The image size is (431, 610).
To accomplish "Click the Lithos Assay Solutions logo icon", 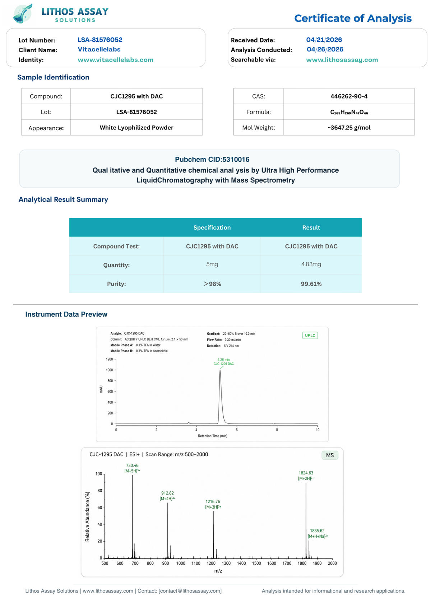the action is click(23, 13).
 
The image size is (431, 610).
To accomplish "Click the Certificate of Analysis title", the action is click(353, 18).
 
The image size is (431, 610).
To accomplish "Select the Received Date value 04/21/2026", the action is click(324, 40).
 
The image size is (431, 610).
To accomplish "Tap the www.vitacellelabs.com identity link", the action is click(115, 60).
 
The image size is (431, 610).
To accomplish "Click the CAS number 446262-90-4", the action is click(349, 96).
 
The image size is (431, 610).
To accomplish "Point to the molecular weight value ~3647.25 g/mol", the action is click(349, 128).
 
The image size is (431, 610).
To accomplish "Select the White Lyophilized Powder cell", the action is click(136, 128).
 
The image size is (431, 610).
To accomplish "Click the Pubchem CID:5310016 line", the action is click(212, 159).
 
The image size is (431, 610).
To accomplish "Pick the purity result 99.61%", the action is click(311, 284).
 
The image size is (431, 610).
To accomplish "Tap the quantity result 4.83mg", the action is click(311, 264).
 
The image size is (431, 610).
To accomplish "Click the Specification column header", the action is click(212, 228).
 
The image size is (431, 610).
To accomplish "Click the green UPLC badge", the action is click(310, 335).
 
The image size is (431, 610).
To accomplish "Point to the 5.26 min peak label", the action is click(223, 359).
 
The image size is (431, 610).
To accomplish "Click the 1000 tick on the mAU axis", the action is click(109, 370).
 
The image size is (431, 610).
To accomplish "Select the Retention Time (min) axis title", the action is click(213, 436).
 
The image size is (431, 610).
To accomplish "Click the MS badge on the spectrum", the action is click(330, 455).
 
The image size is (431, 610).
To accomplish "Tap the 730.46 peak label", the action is click(132, 465).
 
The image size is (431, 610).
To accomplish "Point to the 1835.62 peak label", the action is click(317, 531).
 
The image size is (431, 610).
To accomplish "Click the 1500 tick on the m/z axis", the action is click(256, 563).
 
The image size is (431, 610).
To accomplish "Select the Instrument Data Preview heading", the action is click(66, 314).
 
